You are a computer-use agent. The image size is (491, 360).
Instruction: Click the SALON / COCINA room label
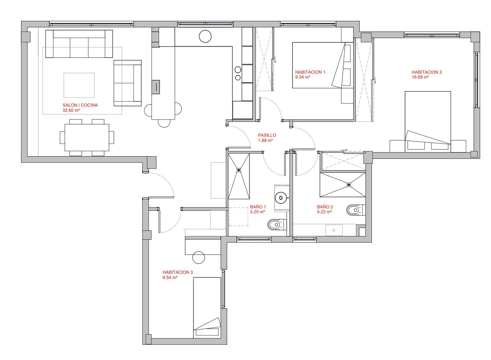pos(80,105)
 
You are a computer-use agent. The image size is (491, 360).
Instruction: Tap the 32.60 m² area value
pos(71,110)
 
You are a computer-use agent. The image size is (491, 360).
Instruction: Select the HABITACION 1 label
pos(310,72)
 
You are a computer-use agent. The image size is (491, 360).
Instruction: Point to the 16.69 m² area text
pos(420,77)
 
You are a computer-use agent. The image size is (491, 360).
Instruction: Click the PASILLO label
pos(267,135)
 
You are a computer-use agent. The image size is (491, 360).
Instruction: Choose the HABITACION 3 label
pos(177,272)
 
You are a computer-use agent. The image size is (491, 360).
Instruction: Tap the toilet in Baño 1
pos(277,224)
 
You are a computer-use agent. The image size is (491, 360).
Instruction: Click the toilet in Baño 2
pos(356,210)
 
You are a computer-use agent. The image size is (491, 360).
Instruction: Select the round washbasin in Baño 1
pos(281,198)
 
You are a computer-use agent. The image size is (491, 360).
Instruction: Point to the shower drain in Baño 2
pos(349,185)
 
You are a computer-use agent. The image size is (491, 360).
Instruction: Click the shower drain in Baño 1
pos(239,170)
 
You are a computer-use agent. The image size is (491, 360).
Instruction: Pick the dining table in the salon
pos(87,138)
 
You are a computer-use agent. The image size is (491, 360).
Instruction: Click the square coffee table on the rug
pos(79,85)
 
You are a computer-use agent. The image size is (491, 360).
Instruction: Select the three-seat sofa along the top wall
pos(79,44)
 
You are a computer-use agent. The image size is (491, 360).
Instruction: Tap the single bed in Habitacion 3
pos(207,308)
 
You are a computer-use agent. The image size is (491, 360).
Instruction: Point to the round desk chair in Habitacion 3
pos(199,257)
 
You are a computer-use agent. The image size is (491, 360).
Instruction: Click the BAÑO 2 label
pos(325,207)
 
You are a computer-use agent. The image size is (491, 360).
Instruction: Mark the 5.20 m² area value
pos(258,212)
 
